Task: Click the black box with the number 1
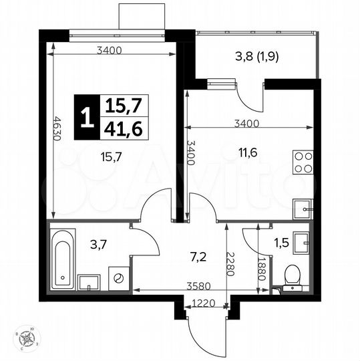pyautogui.click(x=85, y=117)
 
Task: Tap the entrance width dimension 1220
pyautogui.click(x=203, y=303)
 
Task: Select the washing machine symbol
pyautogui.click(x=118, y=278)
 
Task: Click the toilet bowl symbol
pyautogui.click(x=292, y=275)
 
